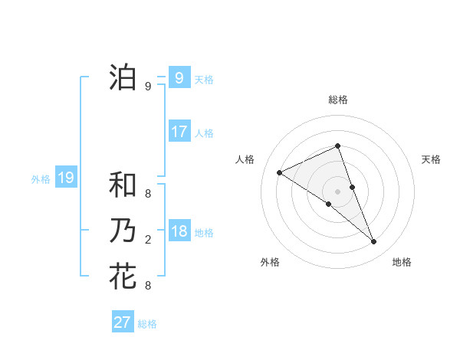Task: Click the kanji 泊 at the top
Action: pyautogui.click(x=123, y=78)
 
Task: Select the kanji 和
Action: pyautogui.click(x=123, y=185)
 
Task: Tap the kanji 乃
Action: pyautogui.click(x=123, y=231)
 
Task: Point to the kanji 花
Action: pyautogui.click(x=123, y=277)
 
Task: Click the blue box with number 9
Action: pyautogui.click(x=179, y=78)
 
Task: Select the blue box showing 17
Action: pyautogui.click(x=179, y=132)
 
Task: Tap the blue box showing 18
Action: pyautogui.click(x=179, y=231)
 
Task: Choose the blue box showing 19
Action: pyautogui.click(x=65, y=178)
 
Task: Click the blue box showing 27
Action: pyautogui.click(x=122, y=322)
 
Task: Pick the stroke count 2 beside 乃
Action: pyautogui.click(x=148, y=240)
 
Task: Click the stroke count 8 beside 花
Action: pyautogui.click(x=148, y=286)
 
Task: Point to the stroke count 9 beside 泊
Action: pyautogui.click(x=148, y=87)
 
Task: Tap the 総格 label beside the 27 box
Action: pyautogui.click(x=147, y=323)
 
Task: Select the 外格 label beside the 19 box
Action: pyautogui.click(x=40, y=179)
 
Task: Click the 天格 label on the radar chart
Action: pyautogui.click(x=431, y=159)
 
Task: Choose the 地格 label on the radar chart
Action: pyautogui.click(x=402, y=262)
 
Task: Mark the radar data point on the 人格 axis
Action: pyautogui.click(x=279, y=172)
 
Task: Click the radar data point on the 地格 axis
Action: pyautogui.click(x=374, y=242)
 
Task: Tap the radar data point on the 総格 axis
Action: pyautogui.click(x=337, y=146)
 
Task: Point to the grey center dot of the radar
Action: pyautogui.click(x=337, y=191)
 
